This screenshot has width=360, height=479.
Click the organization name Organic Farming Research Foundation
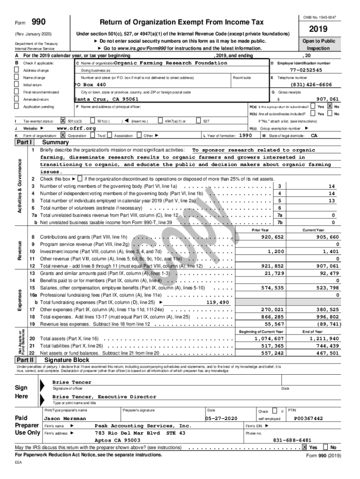point(171,63)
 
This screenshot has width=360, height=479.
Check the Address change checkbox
point(17,70)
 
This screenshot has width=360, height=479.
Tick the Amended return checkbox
point(17,100)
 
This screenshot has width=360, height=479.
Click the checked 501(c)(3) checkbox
point(63,121)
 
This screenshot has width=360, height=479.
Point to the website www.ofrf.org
point(76,128)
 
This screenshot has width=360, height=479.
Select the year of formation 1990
point(246,135)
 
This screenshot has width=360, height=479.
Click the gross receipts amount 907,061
point(327,99)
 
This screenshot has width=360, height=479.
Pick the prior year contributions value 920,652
point(272,237)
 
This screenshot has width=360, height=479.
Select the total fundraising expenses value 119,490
point(217,302)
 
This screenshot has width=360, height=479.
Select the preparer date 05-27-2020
point(223,418)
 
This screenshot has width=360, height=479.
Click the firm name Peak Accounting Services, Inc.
point(143,426)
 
